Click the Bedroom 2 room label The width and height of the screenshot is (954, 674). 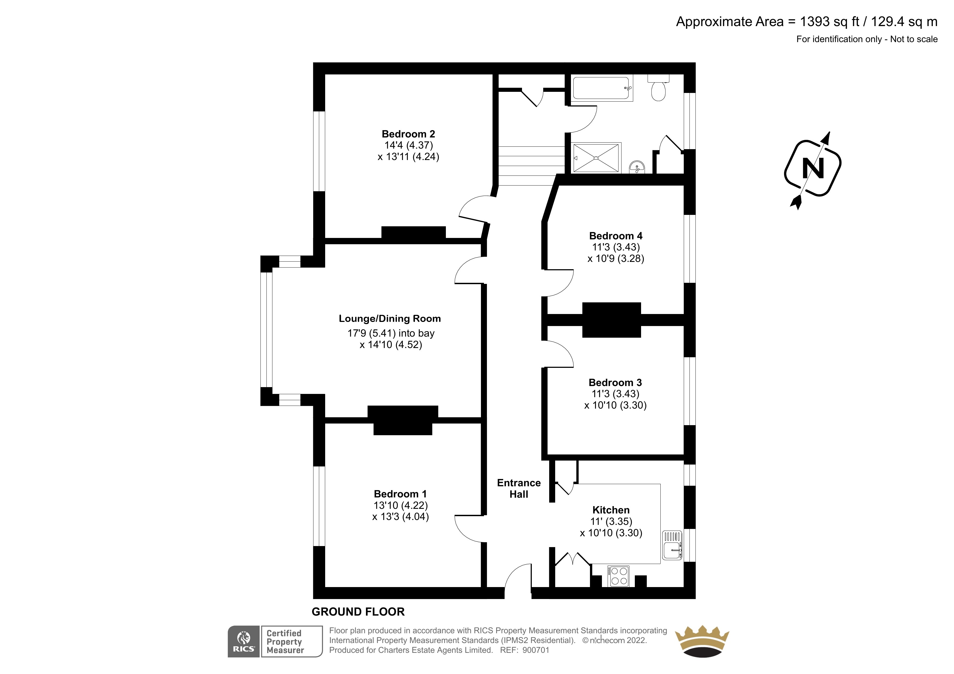(408, 134)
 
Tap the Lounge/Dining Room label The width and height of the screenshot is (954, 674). (390, 318)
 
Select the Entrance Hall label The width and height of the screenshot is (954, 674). (519, 488)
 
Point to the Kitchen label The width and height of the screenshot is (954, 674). (611, 510)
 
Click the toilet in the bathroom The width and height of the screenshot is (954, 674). (658, 88)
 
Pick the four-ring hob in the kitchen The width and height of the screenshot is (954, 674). (619, 576)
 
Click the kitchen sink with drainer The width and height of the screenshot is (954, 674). (672, 545)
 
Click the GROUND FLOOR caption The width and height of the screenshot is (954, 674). (358, 612)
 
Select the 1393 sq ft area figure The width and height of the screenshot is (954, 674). (829, 21)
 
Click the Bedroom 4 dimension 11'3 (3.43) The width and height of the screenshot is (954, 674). (616, 247)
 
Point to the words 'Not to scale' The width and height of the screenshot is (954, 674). (914, 39)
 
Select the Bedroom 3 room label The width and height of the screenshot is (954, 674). (615, 383)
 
